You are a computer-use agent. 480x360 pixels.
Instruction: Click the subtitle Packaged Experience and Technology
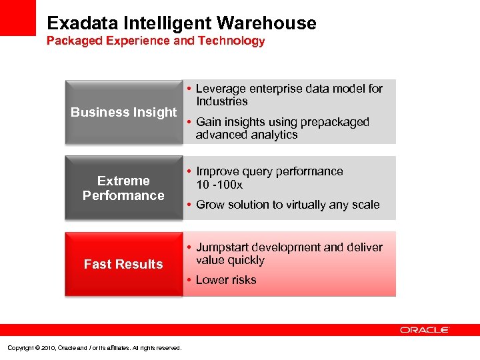click(155, 41)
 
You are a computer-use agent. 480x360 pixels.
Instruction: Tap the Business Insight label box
click(124, 112)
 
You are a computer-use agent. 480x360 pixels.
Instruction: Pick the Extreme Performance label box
click(123, 188)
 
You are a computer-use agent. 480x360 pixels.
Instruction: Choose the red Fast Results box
click(123, 264)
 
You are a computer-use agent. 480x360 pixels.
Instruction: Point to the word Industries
click(221, 101)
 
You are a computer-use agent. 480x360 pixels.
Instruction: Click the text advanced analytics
click(247, 135)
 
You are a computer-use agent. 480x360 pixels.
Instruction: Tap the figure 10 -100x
click(219, 185)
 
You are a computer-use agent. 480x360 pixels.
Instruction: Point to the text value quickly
click(230, 260)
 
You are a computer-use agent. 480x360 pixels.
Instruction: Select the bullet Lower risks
click(226, 280)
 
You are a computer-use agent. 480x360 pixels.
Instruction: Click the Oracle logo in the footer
click(425, 330)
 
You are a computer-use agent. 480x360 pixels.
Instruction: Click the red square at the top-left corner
click(17, 17)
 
